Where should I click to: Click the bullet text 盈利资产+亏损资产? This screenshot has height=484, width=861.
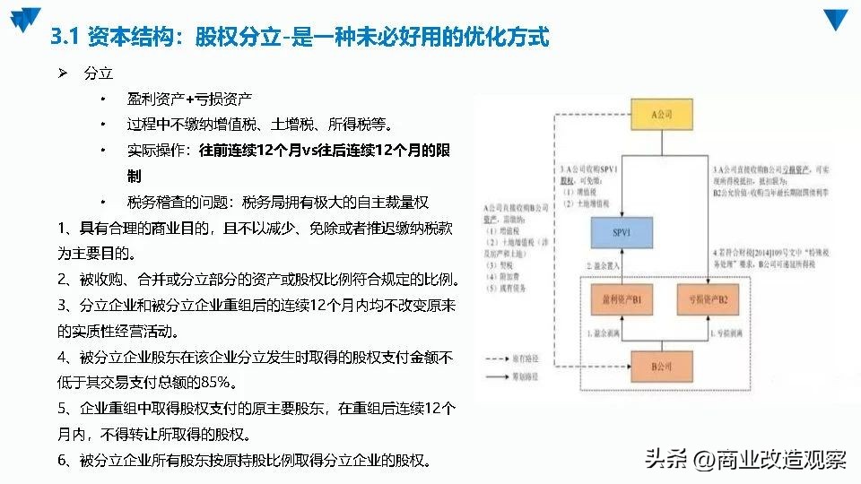[189, 98]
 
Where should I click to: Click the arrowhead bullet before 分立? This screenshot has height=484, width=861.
[63, 72]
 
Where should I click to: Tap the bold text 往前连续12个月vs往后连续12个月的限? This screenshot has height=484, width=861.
[325, 151]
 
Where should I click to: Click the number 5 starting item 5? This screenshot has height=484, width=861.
[63, 409]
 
